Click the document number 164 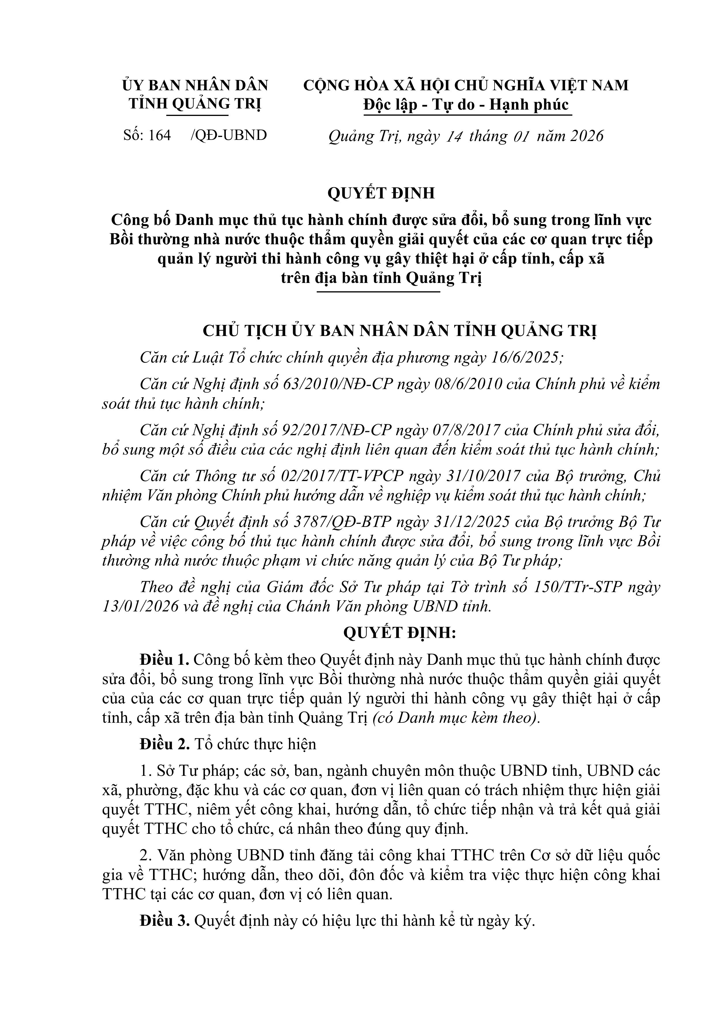point(159,135)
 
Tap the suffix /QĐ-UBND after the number point(229,135)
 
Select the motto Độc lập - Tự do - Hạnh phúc point(466,105)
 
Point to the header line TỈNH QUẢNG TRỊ point(195,104)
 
